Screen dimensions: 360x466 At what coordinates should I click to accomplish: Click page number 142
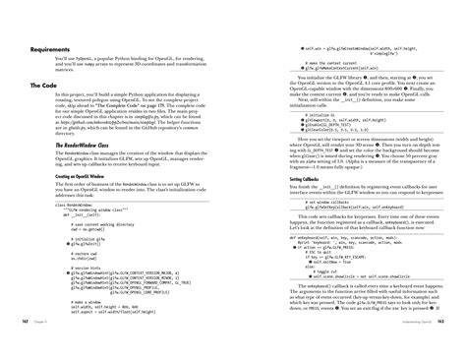point(11,346)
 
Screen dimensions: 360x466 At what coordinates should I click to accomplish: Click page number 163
point(455,346)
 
